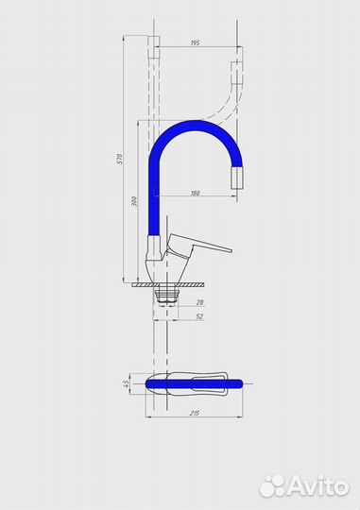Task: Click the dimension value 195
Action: [195, 42]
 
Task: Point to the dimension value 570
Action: [120, 159]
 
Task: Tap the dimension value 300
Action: [134, 201]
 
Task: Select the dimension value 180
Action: [195, 194]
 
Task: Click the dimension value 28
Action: [199, 302]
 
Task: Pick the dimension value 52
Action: [199, 316]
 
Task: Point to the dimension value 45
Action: [127, 383]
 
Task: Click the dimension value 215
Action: [195, 414]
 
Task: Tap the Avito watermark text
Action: [318, 487]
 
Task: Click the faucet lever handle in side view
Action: [198, 245]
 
